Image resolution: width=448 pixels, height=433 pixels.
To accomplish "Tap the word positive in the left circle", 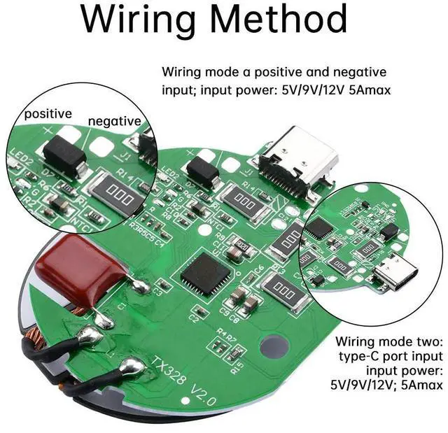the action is [x=48, y=113].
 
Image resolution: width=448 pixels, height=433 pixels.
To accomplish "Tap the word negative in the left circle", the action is [x=115, y=120].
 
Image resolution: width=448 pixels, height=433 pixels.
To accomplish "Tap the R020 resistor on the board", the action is [x=241, y=246].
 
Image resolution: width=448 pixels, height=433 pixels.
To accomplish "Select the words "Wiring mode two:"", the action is [x=389, y=342].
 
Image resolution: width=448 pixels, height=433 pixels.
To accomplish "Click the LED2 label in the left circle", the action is [x=21, y=162].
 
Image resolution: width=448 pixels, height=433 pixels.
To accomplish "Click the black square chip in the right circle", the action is [x=318, y=227].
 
